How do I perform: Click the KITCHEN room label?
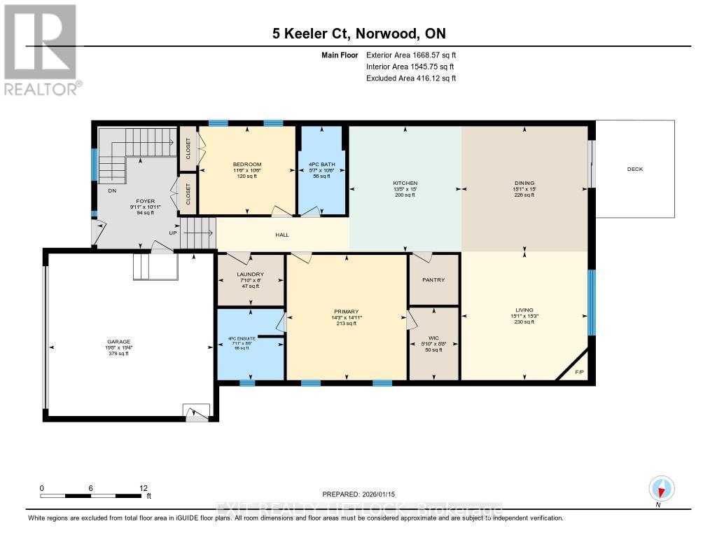click(405, 183)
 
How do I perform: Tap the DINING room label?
click(524, 183)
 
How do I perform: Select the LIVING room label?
click(524, 310)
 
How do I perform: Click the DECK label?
click(634, 169)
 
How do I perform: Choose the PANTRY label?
click(433, 279)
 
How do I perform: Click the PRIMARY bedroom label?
click(346, 312)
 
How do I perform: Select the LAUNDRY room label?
click(250, 274)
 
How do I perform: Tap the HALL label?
click(282, 235)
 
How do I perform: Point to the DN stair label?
click(112, 191)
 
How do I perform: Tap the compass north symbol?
click(662, 488)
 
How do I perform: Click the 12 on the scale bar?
click(143, 487)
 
